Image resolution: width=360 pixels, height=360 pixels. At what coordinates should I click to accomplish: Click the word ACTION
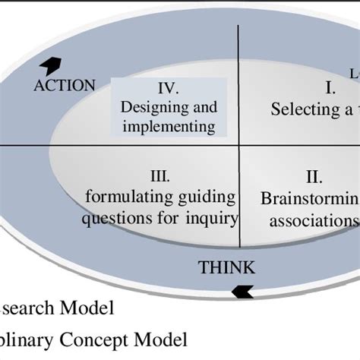(65, 85)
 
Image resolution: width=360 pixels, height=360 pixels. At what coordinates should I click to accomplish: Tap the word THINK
(226, 267)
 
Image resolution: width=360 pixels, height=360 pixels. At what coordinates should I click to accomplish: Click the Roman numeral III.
(160, 177)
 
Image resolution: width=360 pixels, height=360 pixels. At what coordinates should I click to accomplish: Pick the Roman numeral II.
(314, 178)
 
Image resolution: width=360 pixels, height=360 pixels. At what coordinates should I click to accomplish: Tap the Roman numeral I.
(330, 89)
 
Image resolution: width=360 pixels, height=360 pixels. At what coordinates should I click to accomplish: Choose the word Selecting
(302, 109)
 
